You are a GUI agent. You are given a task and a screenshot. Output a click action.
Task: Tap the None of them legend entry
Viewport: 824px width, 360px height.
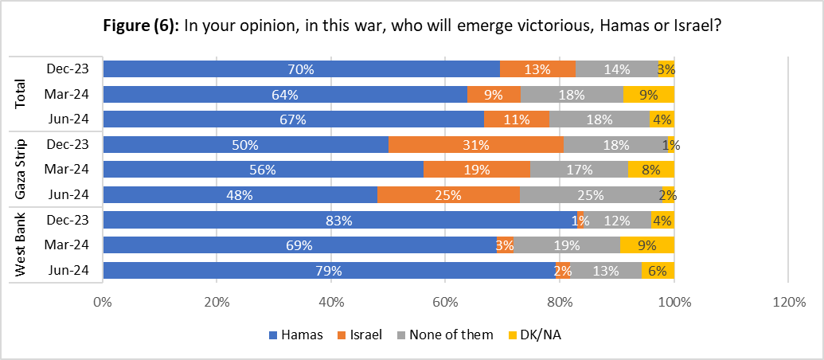coord(451,335)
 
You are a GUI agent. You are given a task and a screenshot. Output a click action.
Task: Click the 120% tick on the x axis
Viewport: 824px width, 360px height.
coord(787,303)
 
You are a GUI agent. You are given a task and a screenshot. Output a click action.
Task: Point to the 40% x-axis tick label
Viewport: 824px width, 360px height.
coord(331,303)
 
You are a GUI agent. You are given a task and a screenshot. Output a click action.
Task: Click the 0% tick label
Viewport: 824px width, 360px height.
coord(103,303)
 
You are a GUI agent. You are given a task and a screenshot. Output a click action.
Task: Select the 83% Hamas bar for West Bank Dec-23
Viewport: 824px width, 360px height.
coord(340,221)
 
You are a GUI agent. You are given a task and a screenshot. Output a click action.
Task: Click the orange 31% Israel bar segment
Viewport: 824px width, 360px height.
coord(476,145)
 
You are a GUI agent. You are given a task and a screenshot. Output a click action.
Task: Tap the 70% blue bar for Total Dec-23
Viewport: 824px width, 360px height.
coord(301,69)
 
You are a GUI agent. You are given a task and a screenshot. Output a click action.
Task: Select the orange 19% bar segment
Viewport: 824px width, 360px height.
coord(476,170)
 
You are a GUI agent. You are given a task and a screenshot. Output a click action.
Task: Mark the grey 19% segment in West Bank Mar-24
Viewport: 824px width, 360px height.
coord(567,245)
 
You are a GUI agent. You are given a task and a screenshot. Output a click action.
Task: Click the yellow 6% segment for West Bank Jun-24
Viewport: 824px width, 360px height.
coord(658,271)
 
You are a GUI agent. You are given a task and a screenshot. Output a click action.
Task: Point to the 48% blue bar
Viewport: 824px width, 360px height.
coord(240,195)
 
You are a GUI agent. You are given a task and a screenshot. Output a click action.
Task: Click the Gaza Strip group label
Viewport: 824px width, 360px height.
coord(21,170)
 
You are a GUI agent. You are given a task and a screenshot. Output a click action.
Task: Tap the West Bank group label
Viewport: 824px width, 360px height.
coord(21,245)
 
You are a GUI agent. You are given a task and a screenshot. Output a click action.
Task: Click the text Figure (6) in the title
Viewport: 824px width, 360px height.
coord(141,25)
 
